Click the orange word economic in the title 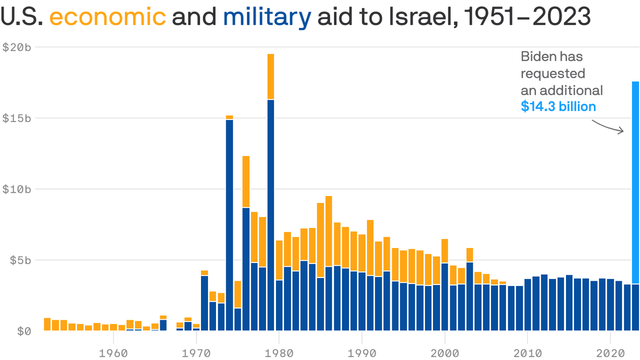(x=107, y=17)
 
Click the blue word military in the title (x=267, y=17)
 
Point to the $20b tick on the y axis (x=17, y=47)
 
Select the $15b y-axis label (x=17, y=118)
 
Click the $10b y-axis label (x=17, y=189)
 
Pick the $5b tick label (x=20, y=260)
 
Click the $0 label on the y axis (x=24, y=331)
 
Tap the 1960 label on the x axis (x=113, y=352)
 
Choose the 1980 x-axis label (x=279, y=352)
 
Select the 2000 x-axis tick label (x=445, y=352)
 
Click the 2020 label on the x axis (x=610, y=352)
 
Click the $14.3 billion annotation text (x=558, y=106)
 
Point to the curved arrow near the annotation (x=608, y=127)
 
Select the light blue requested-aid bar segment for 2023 (x=635, y=183)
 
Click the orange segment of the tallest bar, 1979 (x=271, y=77)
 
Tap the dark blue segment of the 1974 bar (x=230, y=225)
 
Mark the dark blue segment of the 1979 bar (x=271, y=216)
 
